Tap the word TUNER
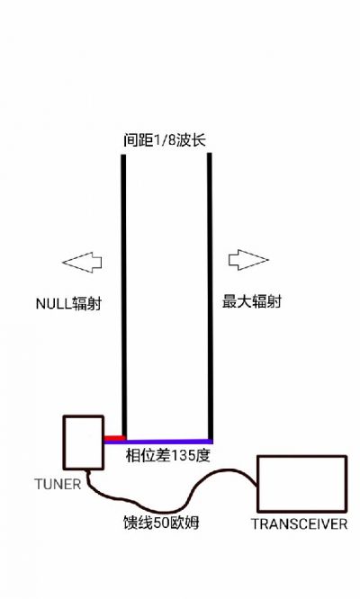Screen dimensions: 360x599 (x=58, y=485)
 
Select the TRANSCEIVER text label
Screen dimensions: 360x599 (x=299, y=523)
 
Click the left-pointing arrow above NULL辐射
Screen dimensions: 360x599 (x=82, y=262)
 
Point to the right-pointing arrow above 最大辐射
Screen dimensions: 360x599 (x=248, y=260)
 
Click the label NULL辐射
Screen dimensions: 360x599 (x=68, y=304)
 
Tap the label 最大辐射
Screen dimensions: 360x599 (x=251, y=302)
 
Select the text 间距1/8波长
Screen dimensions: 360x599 (x=165, y=140)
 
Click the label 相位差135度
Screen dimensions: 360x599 (x=168, y=455)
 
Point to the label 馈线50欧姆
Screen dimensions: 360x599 (x=161, y=523)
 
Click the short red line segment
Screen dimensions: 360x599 (x=114, y=438)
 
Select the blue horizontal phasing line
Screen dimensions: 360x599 (x=158, y=442)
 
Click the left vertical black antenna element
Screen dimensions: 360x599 (x=124, y=297)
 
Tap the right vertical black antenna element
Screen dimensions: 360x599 (x=210, y=297)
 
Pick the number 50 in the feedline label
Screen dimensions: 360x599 (x=161, y=523)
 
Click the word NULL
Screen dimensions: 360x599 (x=53, y=305)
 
